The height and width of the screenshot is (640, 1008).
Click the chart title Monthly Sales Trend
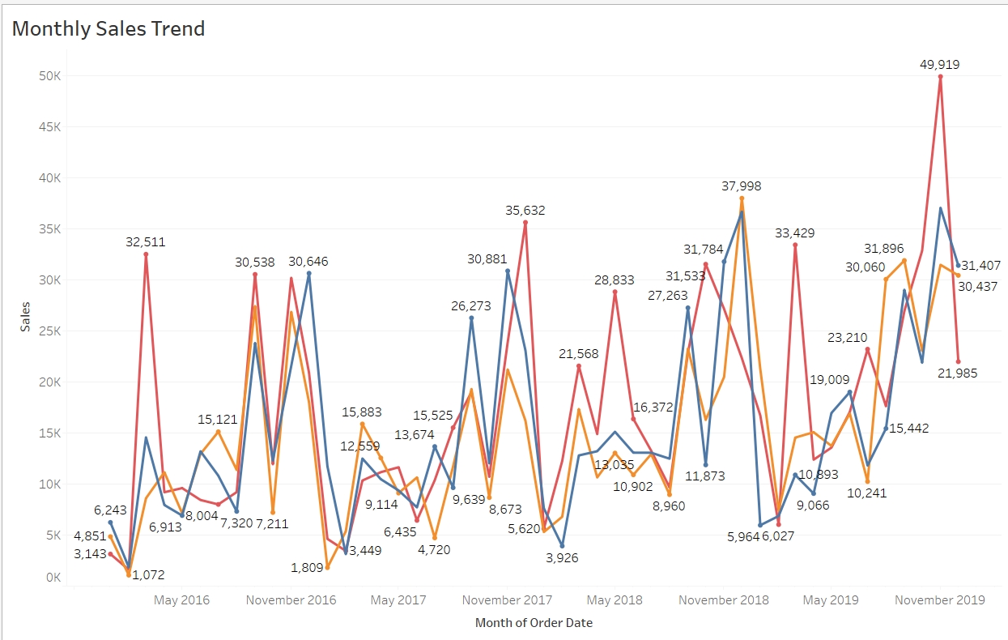point(108,29)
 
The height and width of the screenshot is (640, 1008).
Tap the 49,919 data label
point(939,64)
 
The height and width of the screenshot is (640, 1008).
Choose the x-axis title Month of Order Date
point(534,623)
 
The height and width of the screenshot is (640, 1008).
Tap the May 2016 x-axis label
point(181,600)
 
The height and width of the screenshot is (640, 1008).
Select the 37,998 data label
point(741,186)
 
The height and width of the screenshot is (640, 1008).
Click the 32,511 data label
point(147,241)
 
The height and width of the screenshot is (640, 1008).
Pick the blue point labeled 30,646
point(308,274)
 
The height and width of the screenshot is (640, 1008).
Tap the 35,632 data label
point(525,211)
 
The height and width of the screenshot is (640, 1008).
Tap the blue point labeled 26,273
point(471,318)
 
